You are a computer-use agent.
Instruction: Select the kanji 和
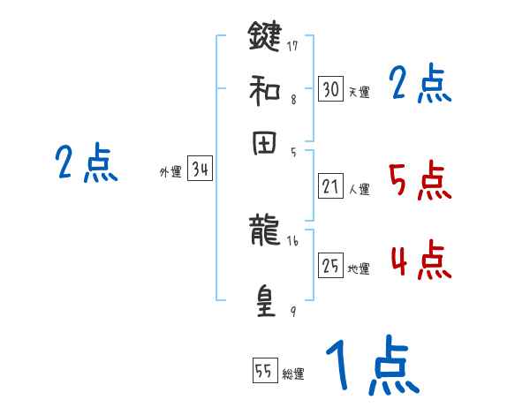coord(265,90)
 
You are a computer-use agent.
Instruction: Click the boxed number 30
coord(330,89)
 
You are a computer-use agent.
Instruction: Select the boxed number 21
coord(330,186)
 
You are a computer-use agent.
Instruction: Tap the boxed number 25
coord(330,266)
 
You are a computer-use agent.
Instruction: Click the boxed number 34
coord(200,170)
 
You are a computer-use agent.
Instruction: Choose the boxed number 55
coord(264,371)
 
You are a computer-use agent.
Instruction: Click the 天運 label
coord(360,92)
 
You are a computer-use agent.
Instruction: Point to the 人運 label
coord(360,189)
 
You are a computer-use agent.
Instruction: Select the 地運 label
coord(360,268)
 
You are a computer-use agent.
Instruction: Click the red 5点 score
coord(420,182)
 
